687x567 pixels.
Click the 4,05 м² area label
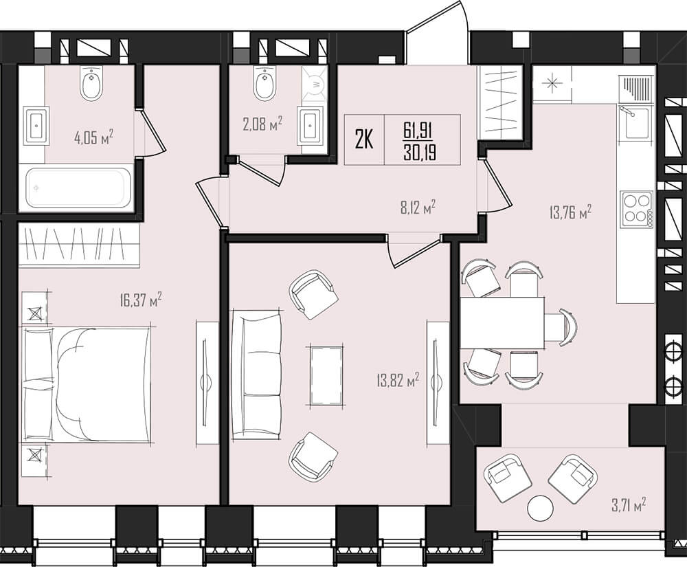(x=93, y=137)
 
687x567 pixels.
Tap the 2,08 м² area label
(x=262, y=124)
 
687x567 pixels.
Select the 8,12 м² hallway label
(x=418, y=208)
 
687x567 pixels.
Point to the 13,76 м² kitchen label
(x=570, y=213)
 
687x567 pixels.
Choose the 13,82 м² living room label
(x=398, y=379)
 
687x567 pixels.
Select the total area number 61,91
(x=420, y=130)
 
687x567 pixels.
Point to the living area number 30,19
(x=420, y=153)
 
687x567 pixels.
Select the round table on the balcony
(x=540, y=507)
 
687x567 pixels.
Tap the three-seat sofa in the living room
(x=256, y=375)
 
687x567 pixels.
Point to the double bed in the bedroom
(x=87, y=384)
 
